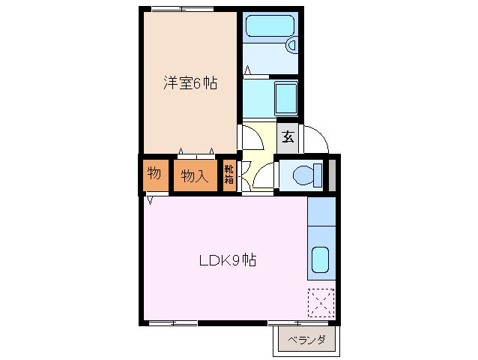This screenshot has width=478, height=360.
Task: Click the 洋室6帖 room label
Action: tap(190, 83)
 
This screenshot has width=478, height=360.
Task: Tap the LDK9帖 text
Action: tap(228, 260)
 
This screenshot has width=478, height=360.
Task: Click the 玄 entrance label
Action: tap(288, 137)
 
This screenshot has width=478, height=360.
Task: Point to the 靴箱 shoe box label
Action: tap(229, 175)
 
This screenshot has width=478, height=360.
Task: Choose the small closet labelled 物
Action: tap(153, 175)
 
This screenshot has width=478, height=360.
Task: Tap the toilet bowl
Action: tap(303, 175)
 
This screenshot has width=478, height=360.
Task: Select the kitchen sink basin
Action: tap(320, 259)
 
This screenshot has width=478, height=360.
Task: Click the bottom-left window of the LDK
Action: tap(173, 322)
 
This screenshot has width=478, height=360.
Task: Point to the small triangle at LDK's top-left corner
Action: tap(151, 200)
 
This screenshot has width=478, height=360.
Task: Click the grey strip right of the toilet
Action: tap(332, 175)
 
